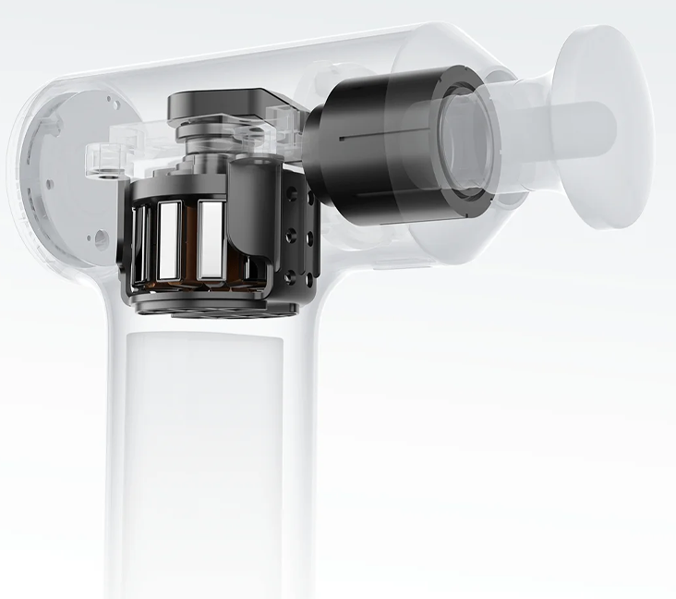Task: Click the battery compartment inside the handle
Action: [x=203, y=444]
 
